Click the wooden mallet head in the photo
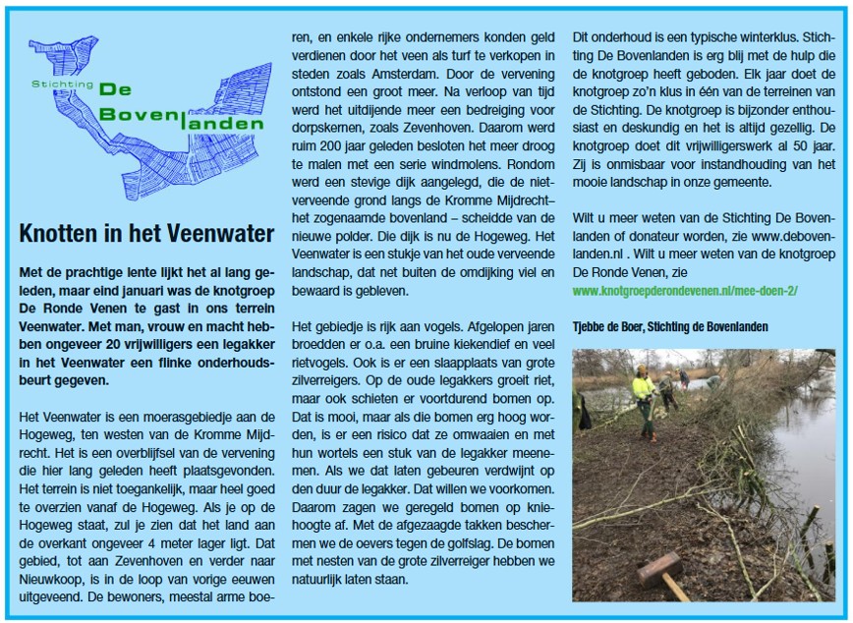click(657, 569)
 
